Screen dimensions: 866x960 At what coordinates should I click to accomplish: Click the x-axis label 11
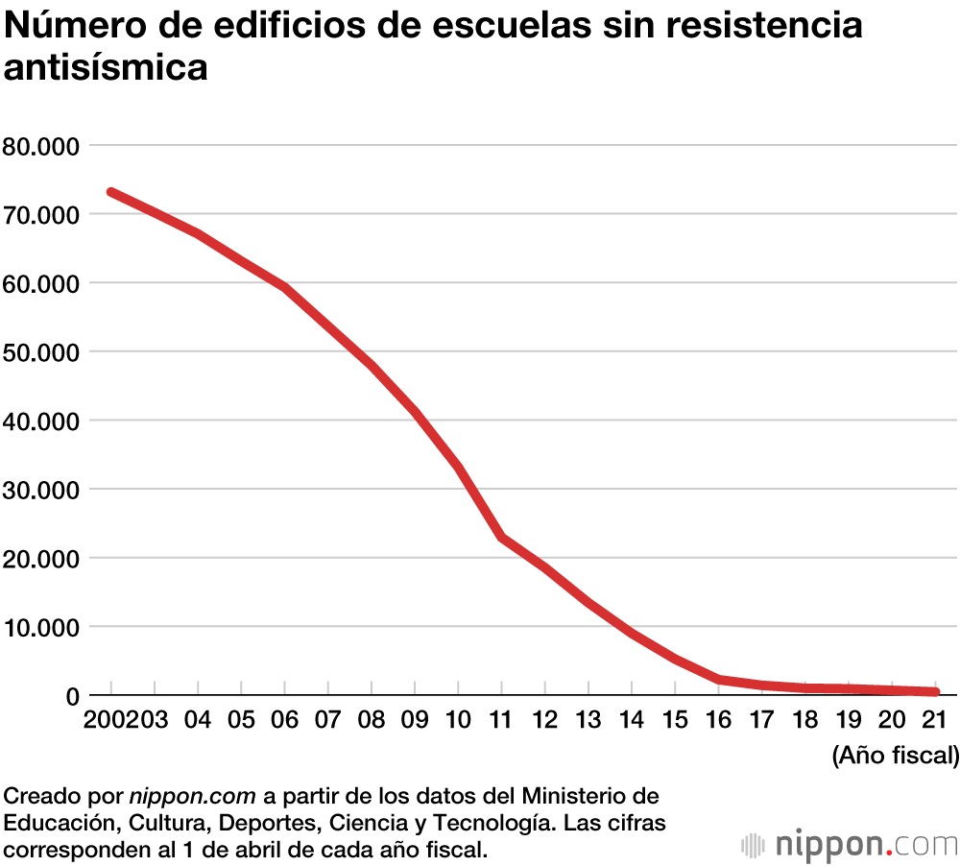(500, 720)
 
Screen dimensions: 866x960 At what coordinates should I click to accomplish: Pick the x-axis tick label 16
(717, 720)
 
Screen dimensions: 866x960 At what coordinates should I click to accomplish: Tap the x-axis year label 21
(934, 720)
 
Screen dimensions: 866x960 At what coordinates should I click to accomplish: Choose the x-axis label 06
(284, 720)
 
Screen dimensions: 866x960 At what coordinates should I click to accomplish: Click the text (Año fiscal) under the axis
(895, 755)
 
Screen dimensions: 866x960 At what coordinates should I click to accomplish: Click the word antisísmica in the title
(107, 68)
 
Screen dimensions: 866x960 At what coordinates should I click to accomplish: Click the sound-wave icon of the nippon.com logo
(756, 846)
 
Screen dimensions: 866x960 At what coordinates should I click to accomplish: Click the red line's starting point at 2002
(111, 192)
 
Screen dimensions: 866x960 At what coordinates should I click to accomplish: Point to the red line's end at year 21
(934, 691)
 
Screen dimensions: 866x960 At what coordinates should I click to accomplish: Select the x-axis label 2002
(108, 720)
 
